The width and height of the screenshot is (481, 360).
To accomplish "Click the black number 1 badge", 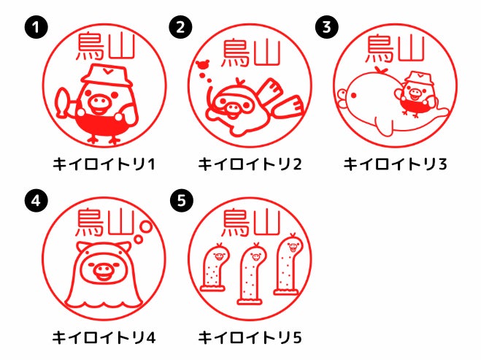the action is tap(36, 27).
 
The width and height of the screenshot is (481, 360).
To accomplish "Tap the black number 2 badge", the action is tap(181, 27).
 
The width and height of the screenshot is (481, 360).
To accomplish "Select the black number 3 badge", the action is tap(327, 27).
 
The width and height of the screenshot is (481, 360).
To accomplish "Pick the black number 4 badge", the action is tap(36, 201).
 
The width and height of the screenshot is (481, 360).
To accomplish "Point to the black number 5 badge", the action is tap(181, 201).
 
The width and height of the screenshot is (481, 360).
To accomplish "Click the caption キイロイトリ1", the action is tap(104, 164).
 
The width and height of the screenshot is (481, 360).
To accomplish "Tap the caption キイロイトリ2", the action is tap(250, 164).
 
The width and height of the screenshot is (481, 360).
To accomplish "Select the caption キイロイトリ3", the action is tap(395, 164).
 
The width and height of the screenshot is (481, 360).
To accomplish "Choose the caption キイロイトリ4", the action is tap(104, 337).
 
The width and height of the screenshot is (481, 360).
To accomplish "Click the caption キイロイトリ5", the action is tap(250, 337).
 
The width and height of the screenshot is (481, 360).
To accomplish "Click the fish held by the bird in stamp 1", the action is tap(61, 102).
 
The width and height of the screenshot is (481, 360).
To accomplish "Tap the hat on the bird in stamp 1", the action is tap(107, 75).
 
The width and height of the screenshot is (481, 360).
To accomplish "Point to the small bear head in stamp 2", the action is tap(203, 64).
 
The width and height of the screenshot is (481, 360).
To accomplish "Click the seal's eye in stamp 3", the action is tap(353, 96).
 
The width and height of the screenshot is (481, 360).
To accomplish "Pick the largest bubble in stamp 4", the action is tap(146, 227).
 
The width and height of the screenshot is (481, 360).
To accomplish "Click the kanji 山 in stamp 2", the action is tap(267, 53).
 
